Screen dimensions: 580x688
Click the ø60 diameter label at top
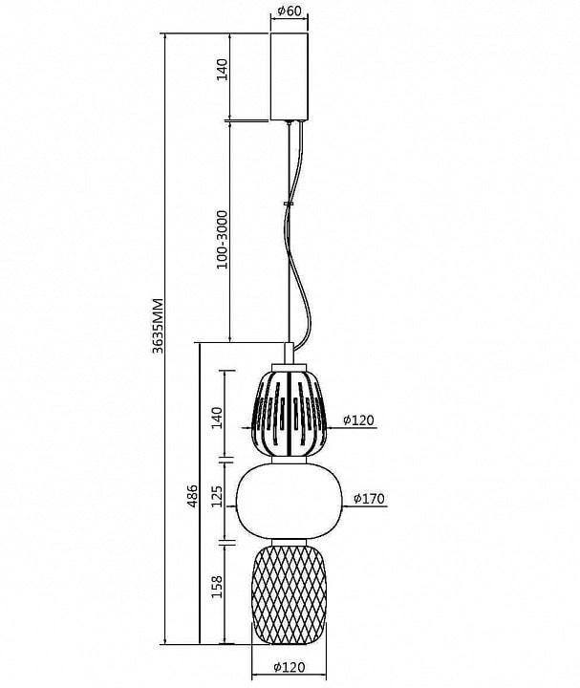290,11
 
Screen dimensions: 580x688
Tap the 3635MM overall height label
158,326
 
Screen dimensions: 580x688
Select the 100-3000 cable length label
223,240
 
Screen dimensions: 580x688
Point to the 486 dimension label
192,496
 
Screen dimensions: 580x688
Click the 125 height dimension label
217,496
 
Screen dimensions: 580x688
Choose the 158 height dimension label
217,587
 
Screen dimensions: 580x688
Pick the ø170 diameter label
369,499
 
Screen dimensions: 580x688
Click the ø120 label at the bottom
289,667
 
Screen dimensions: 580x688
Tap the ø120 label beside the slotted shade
358,419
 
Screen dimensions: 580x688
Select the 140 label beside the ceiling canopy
223,70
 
